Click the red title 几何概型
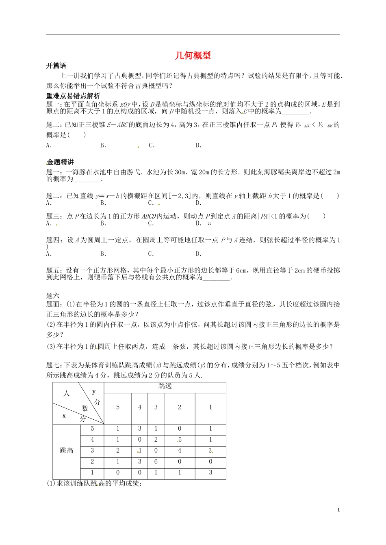pyautogui.click(x=193, y=56)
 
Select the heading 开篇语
pyautogui.click(x=56, y=66)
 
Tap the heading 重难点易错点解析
pyautogui.click(x=73, y=96)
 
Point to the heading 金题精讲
pyautogui.click(x=60, y=162)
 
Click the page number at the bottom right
pyautogui.click(x=338, y=510)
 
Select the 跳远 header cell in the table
pyautogui.click(x=165, y=386)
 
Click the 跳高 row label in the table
pyautogui.click(x=67, y=451)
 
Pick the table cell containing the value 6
pyautogui.click(x=156, y=461)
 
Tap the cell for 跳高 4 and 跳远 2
pyautogui.click(x=179, y=440)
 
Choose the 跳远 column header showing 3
pyautogui.click(x=156, y=407)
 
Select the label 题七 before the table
pyautogui.click(x=54, y=365)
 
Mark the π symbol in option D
pyautogui.click(x=209, y=223)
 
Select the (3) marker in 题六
pyautogui.click(x=51, y=346)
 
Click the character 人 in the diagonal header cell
pyautogui.click(x=67, y=393)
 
